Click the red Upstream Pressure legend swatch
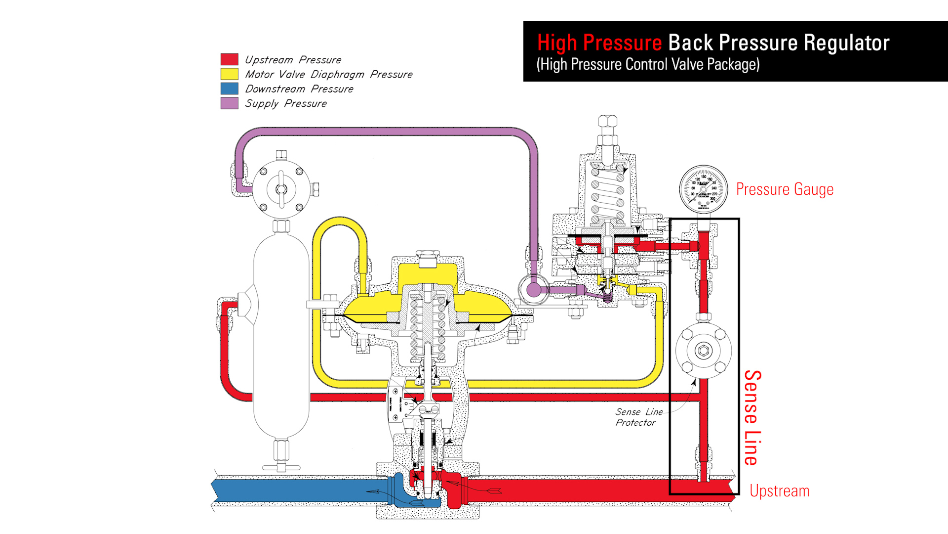coord(229,59)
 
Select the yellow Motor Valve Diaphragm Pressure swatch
coord(229,74)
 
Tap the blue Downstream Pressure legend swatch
coord(229,89)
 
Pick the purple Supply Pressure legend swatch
coord(229,103)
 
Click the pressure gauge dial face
coord(703,189)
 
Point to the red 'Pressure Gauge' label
coord(784,189)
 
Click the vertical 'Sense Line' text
coord(752,418)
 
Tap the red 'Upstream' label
coord(779,491)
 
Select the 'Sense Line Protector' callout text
coord(638,417)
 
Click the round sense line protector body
coord(703,351)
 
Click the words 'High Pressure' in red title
coord(599,43)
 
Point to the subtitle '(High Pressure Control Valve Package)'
coord(648,65)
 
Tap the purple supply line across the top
coord(385,132)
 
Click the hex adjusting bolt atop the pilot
coord(607,121)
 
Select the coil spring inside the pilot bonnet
coord(608,193)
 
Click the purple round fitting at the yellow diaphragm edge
coord(533,289)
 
